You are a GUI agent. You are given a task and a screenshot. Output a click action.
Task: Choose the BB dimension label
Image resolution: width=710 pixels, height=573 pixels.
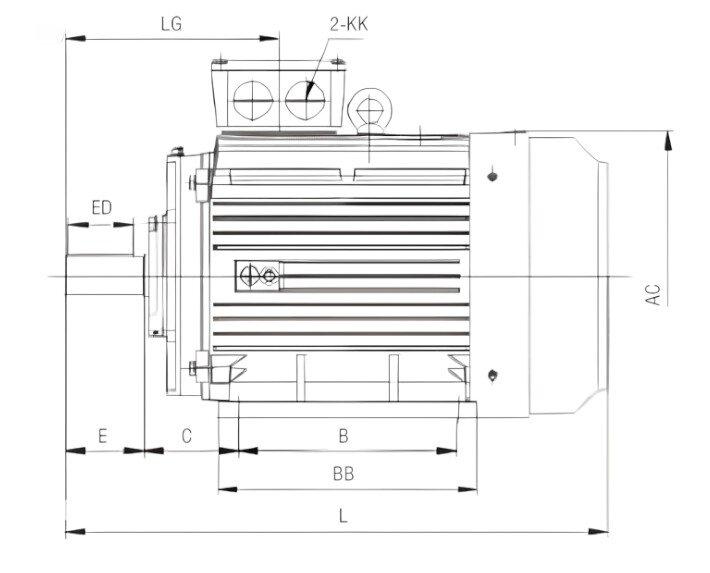coord(343,475)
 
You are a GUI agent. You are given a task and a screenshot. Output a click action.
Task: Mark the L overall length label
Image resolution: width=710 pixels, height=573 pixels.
coord(343,516)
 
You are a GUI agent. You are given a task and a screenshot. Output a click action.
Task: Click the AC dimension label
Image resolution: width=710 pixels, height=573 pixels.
coord(653,294)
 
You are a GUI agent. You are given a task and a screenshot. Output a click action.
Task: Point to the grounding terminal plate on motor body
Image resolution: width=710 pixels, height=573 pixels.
coord(259,275)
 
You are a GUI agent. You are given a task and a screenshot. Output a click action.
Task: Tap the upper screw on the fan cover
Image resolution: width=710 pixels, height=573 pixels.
coord(494,178)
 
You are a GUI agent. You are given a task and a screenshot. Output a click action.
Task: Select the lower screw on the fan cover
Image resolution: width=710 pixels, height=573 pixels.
coord(494,375)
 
